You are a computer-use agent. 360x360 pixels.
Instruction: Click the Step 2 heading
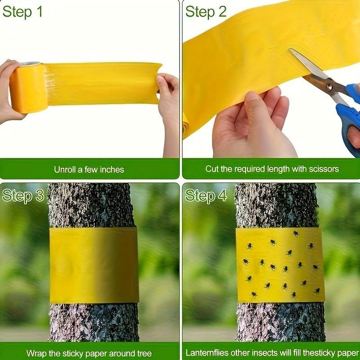206,12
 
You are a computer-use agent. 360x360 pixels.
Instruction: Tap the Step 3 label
23,195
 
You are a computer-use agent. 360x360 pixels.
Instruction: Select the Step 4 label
206,195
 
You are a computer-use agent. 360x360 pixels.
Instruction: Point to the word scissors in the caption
324,169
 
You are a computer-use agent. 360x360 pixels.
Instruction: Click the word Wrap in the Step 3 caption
35,353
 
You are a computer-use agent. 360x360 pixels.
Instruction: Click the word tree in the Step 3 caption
144,353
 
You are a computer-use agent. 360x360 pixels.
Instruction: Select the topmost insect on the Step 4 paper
296,234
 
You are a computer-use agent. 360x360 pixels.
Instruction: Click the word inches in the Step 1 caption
112,170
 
